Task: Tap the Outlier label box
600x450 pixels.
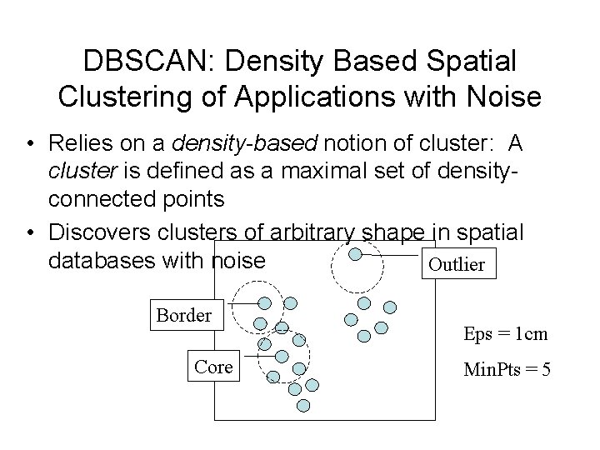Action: (x=455, y=264)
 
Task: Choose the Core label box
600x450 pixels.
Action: (x=213, y=367)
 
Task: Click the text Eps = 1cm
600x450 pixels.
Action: (x=506, y=334)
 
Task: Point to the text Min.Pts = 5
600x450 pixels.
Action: (x=507, y=368)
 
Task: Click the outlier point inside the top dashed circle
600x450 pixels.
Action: (x=355, y=253)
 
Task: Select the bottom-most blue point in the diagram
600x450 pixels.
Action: (x=303, y=405)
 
